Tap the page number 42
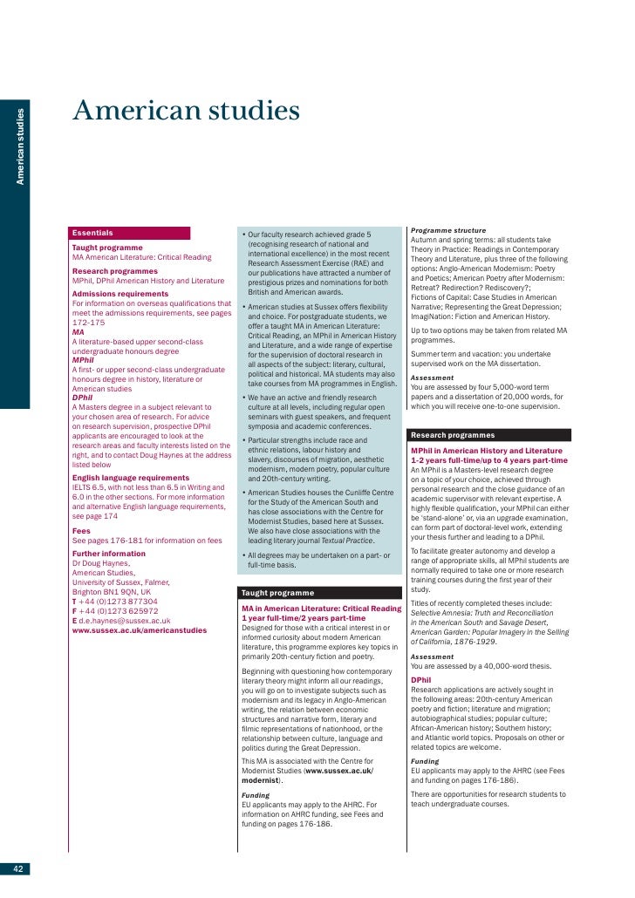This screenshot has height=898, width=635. (x=17, y=868)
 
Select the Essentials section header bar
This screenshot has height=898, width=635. (x=130, y=233)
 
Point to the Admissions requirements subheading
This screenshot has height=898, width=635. (x=119, y=294)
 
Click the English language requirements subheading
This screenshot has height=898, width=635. (x=130, y=478)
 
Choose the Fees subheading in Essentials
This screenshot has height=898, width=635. (x=82, y=530)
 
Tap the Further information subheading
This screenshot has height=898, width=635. (x=108, y=554)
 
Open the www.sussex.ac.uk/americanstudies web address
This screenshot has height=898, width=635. (x=139, y=630)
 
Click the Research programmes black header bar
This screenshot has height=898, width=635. (x=489, y=434)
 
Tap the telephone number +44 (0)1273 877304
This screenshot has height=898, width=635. (x=119, y=602)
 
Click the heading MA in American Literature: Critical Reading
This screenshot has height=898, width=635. (x=321, y=608)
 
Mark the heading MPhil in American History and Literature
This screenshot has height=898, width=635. (x=488, y=450)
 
